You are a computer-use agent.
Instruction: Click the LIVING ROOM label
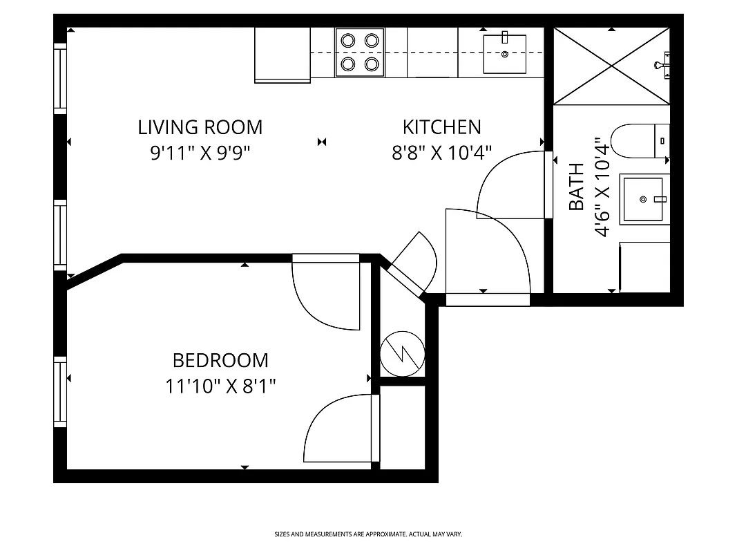(200, 127)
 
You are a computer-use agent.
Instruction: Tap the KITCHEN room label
(441, 127)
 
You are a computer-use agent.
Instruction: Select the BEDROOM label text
(220, 360)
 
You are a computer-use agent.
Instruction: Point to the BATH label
(576, 187)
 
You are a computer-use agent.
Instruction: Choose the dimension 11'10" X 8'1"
(220, 386)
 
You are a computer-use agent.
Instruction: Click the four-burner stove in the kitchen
(360, 53)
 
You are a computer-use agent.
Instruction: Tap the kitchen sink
(504, 53)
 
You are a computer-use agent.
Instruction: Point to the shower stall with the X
(611, 66)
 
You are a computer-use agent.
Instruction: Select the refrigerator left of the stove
(283, 55)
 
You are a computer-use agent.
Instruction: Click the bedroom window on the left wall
(61, 393)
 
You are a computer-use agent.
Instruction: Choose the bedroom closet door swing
(338, 429)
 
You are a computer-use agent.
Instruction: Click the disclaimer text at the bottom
(368, 534)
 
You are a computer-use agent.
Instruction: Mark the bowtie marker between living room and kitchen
(322, 142)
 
